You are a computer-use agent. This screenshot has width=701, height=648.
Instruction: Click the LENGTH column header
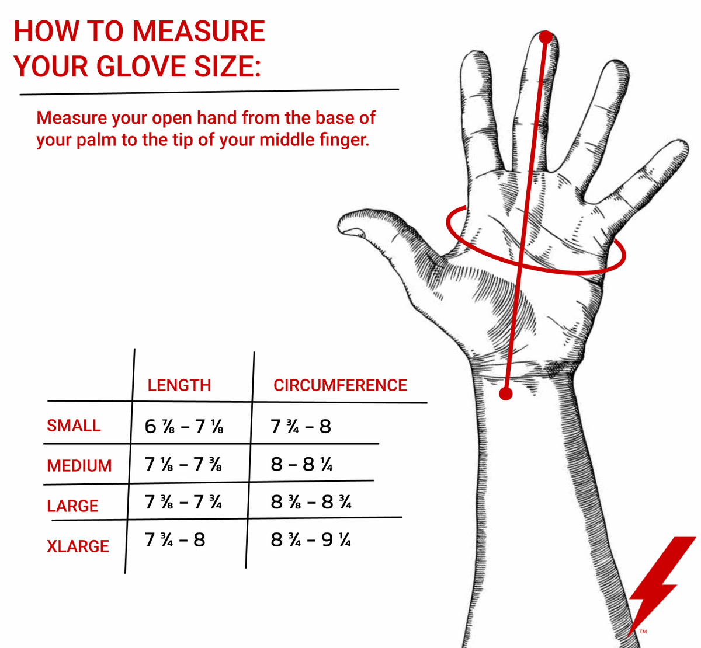(x=179, y=385)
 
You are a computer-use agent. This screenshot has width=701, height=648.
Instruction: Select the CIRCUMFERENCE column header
(x=340, y=385)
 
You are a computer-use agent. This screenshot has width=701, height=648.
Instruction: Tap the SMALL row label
(x=74, y=426)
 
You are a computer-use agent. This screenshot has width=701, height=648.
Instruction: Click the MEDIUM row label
(x=79, y=466)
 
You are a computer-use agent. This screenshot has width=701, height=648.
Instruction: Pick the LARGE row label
(x=72, y=506)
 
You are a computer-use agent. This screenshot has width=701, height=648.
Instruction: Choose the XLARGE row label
(x=78, y=546)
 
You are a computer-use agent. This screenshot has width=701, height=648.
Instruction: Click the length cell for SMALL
(x=184, y=427)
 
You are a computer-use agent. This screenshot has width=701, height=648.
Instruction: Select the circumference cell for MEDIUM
(x=301, y=464)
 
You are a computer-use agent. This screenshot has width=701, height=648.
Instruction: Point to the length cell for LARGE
(x=183, y=502)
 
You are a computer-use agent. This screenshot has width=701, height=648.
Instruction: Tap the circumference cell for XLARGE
(x=311, y=539)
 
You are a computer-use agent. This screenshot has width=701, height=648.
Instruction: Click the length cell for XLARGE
(x=175, y=539)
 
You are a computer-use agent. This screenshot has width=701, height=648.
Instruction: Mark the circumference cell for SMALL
(x=301, y=427)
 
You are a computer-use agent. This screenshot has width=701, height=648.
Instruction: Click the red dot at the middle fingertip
(x=546, y=37)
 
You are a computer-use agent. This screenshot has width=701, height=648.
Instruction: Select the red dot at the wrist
(x=506, y=393)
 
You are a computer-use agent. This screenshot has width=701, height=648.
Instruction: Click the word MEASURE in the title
(x=199, y=32)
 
